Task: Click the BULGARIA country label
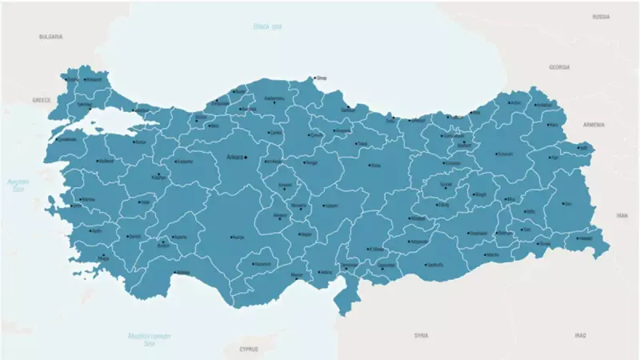[50, 37]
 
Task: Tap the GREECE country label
[41, 100]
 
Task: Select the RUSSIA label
[602, 16]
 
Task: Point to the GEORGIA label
[559, 67]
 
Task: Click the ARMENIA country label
[594, 125]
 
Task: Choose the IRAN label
[622, 215]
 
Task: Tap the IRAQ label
[580, 335]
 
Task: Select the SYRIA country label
[421, 335]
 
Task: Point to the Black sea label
[268, 26]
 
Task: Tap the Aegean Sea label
[18, 186]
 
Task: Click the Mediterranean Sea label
[149, 338]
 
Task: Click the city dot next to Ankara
[246, 157]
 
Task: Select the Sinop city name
[322, 78]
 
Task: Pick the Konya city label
[238, 237]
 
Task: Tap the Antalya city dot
[174, 272]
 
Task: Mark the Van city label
[569, 204]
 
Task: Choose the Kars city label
[554, 125]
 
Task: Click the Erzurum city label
[504, 154]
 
